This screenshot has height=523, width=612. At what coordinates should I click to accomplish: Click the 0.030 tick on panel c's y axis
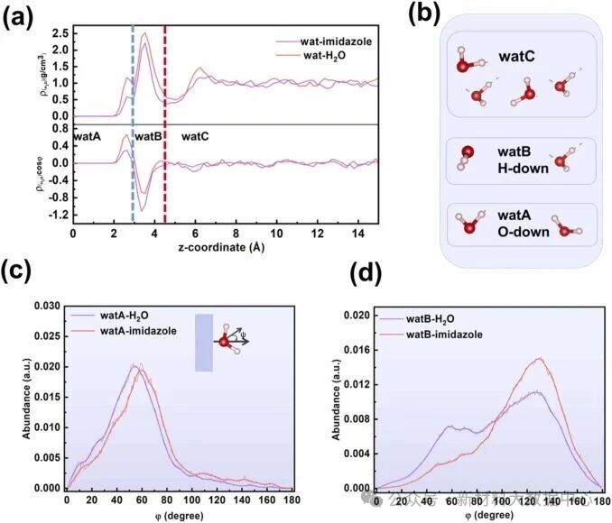47,307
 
